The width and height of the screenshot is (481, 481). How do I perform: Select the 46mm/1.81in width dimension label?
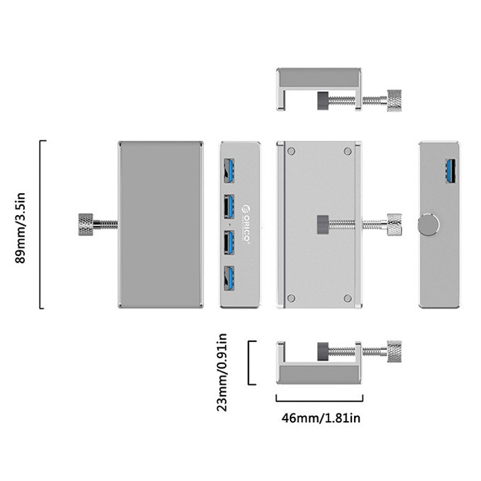tap(321, 418)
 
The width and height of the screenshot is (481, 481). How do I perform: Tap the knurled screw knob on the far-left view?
tap(86, 223)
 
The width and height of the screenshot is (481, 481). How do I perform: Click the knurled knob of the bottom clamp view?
tap(394, 349)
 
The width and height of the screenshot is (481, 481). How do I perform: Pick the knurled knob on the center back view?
tap(394, 224)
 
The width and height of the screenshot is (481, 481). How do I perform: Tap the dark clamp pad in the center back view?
tap(321, 224)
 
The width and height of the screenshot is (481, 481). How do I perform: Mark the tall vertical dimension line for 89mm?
tap(41, 224)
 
